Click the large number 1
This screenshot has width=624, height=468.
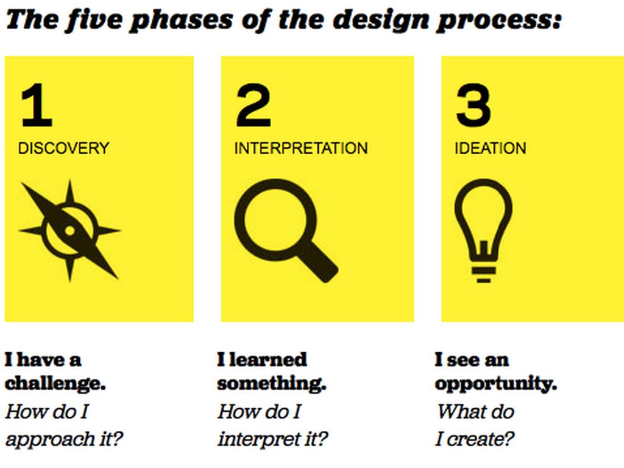37,105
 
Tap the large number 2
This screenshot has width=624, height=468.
253,105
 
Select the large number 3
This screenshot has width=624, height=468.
473,105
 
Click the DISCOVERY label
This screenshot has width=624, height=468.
63,148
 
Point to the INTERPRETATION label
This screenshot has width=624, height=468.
301,148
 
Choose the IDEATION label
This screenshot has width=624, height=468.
491,148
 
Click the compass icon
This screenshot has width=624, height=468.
69,231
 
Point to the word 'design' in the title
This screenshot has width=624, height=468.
380,21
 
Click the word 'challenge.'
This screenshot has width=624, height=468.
55,384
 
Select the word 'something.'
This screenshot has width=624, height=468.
272,384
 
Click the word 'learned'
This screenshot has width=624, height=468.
268,360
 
